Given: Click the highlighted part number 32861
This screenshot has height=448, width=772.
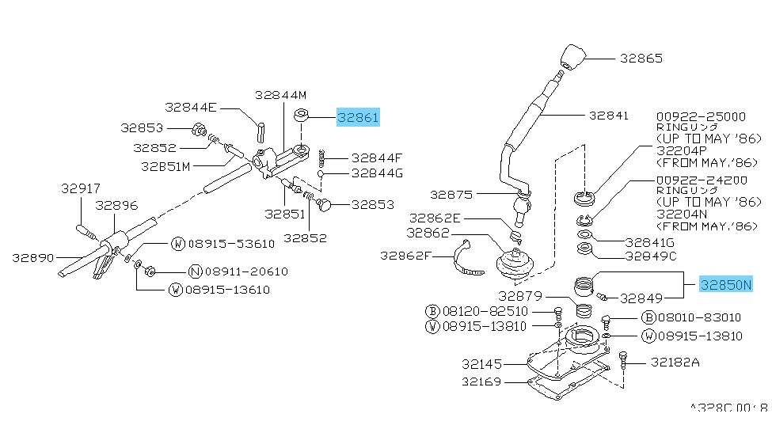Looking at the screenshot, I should click(x=359, y=118).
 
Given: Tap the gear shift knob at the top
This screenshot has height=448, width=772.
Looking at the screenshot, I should click(x=571, y=57).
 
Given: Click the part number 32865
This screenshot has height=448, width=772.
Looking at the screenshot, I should click(x=641, y=58).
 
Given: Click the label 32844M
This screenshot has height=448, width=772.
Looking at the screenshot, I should click(x=280, y=94).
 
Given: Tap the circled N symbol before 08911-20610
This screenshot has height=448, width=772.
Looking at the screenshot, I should click(x=195, y=271).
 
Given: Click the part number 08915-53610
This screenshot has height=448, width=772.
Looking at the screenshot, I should click(x=230, y=243).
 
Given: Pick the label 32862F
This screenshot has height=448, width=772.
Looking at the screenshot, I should click(x=405, y=255).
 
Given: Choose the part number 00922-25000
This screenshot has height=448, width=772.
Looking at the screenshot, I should click(x=701, y=116).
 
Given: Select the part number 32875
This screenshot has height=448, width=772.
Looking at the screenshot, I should click(x=451, y=193).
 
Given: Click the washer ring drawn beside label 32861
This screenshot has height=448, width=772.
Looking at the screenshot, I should click(x=302, y=117).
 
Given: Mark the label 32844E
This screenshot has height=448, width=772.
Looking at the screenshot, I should click(x=191, y=107).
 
